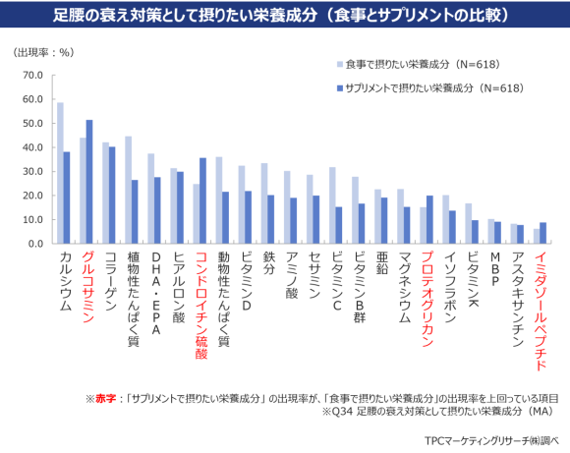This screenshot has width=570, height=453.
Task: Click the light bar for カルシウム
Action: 60,173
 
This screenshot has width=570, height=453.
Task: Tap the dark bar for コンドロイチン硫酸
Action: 203,200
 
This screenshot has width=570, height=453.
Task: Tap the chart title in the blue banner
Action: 285,16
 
